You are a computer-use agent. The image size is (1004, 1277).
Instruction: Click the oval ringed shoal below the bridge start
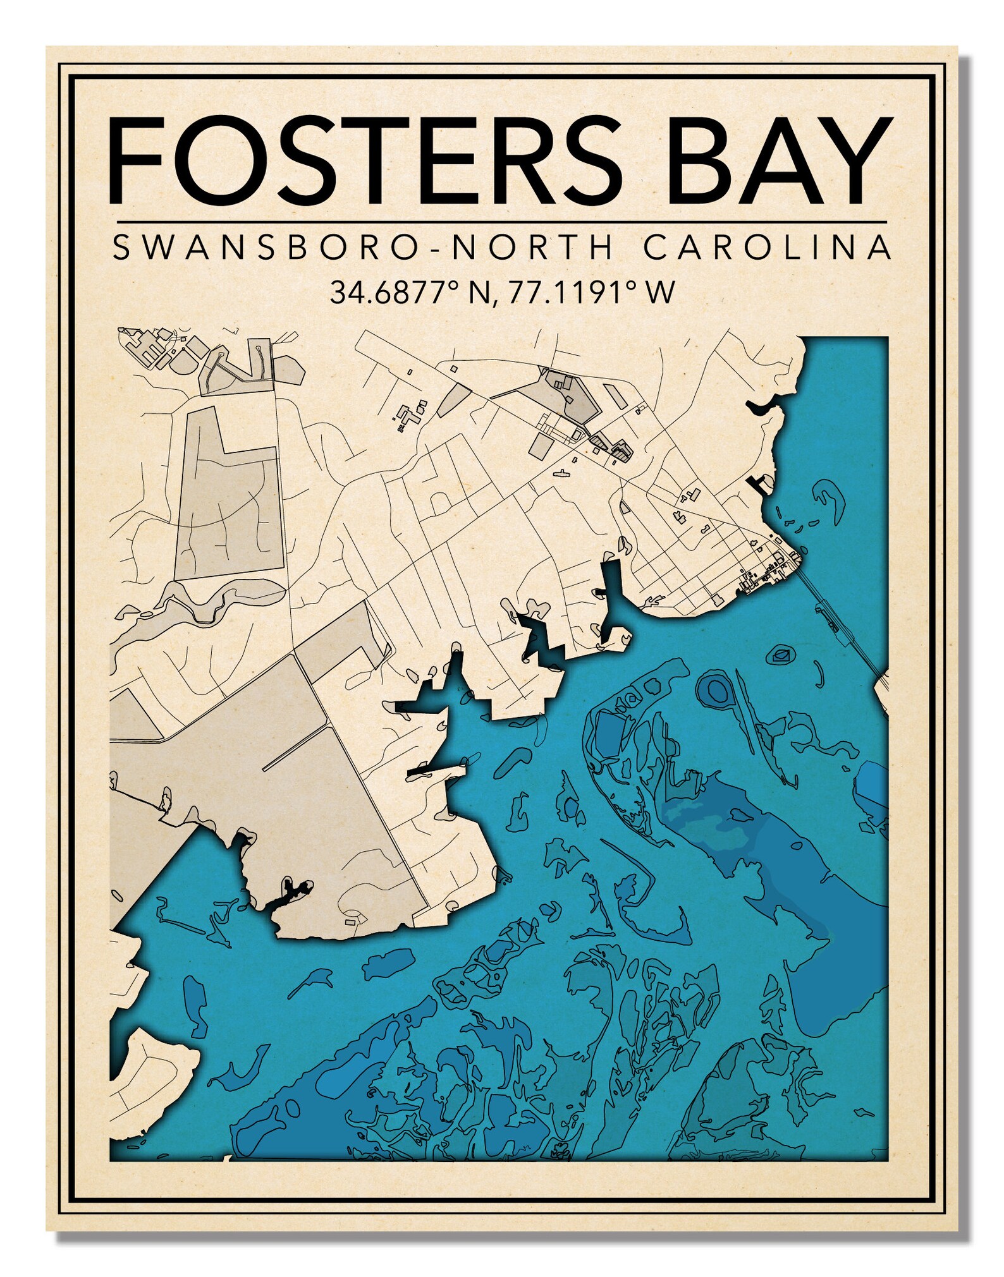(782, 655)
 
